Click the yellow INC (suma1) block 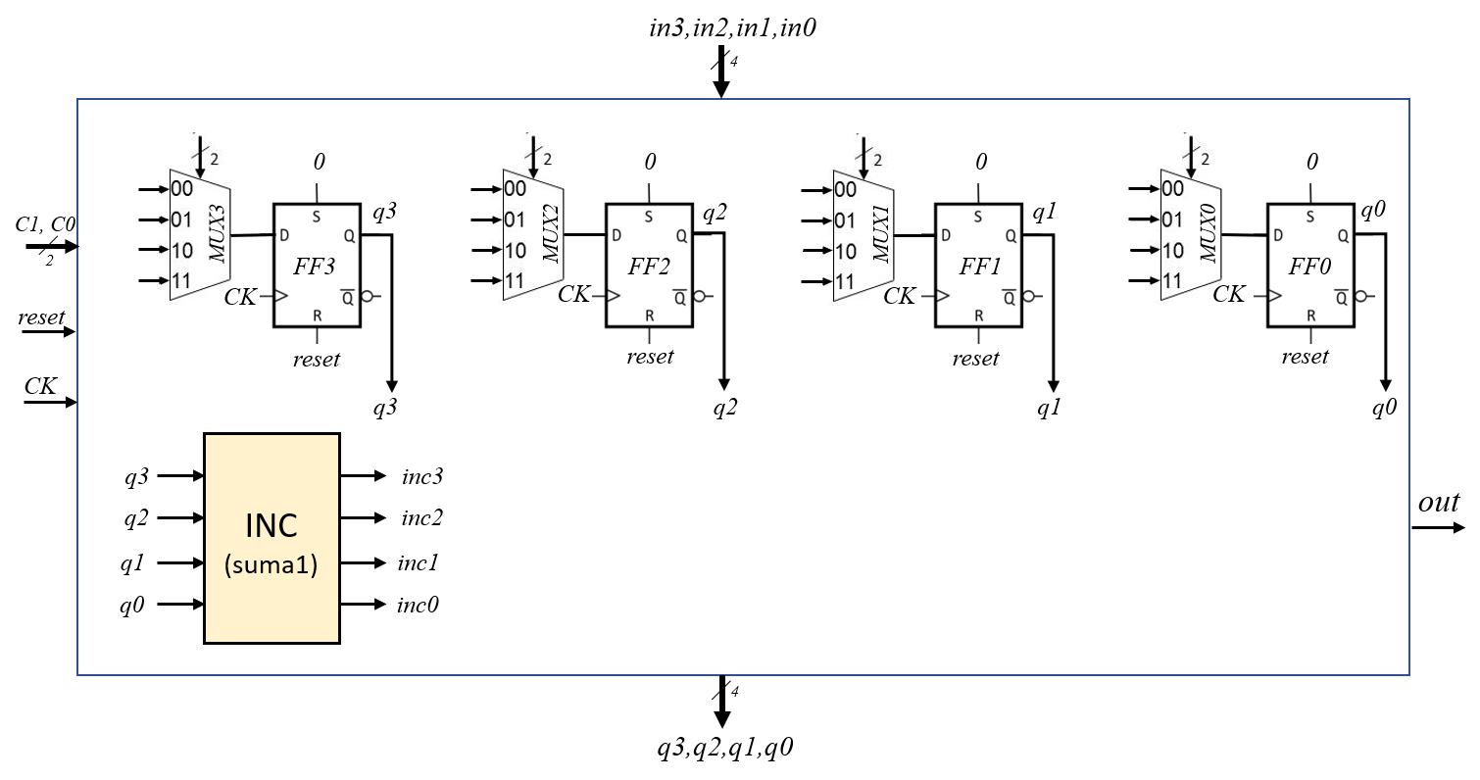[x=271, y=538]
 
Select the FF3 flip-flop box [x=318, y=266]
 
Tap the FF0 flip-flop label [x=1309, y=267]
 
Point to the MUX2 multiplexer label [x=551, y=233]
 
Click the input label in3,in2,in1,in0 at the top [x=732, y=27]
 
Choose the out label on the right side [x=1439, y=503]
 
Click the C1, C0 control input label [x=45, y=224]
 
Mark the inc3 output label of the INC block [x=422, y=476]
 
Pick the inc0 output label [x=418, y=605]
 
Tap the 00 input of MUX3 [x=181, y=189]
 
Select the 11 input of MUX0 [x=1171, y=280]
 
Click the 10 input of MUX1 [x=846, y=251]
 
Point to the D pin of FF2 [x=616, y=235]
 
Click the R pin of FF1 [x=978, y=316]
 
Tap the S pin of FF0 [x=1310, y=217]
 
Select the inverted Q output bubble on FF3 [x=367, y=296]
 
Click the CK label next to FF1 [x=899, y=296]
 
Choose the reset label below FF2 [x=650, y=357]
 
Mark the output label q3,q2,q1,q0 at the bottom [x=724, y=748]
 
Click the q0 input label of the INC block [x=132, y=605]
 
